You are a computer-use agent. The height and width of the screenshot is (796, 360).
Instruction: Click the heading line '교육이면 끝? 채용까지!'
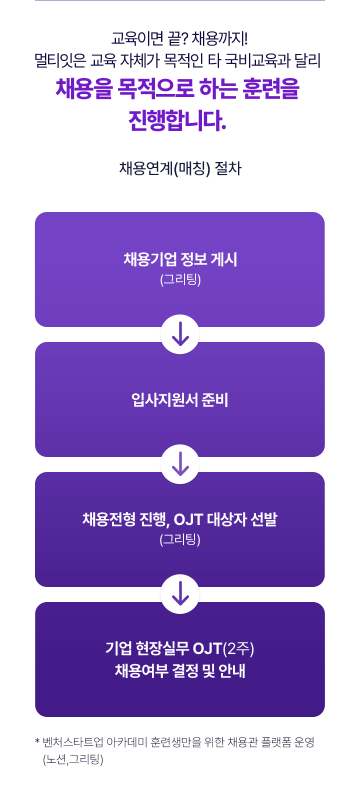click(179, 38)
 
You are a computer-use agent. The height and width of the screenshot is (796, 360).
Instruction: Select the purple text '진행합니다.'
click(177, 120)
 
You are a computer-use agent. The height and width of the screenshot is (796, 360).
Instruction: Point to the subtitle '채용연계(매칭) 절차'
click(180, 168)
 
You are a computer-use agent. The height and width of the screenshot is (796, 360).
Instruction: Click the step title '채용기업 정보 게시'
click(180, 259)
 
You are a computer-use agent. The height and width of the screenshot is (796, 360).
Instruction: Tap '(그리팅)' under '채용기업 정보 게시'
click(180, 279)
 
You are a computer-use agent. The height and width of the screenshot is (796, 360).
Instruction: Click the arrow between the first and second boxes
click(180, 334)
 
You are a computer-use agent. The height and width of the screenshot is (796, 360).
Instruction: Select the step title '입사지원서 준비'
click(180, 399)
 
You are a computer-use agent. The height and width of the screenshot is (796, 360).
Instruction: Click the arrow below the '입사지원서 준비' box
click(180, 463)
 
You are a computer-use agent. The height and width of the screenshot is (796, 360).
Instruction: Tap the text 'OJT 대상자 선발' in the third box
click(225, 519)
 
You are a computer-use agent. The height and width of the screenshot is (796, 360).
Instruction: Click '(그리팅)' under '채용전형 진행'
click(180, 539)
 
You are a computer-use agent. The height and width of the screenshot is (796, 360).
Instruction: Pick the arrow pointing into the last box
click(180, 593)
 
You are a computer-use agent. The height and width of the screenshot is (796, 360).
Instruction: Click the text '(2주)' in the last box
click(238, 648)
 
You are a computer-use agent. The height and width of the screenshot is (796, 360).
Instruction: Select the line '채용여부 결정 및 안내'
click(180, 670)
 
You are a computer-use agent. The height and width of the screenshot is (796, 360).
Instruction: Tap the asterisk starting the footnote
click(37, 741)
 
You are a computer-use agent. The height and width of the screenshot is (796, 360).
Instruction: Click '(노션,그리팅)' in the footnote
click(73, 759)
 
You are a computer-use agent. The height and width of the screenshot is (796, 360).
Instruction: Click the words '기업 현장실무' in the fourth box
click(147, 648)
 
